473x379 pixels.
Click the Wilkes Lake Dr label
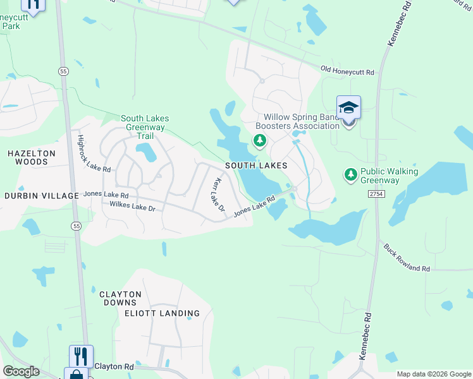pyautogui.click(x=133, y=206)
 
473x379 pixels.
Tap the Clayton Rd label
pyautogui.click(x=114, y=366)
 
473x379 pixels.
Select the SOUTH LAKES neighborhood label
pyautogui.click(x=256, y=165)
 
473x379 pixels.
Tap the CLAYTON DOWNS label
pyautogui.click(x=120, y=299)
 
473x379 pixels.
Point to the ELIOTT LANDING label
pyautogui.click(x=162, y=313)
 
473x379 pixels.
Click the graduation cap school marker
pyautogui.click(x=348, y=107)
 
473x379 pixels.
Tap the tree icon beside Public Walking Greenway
pyautogui.click(x=350, y=172)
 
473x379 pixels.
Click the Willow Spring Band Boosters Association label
pyautogui.click(x=302, y=121)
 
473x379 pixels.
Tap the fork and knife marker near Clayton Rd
pyautogui.click(x=81, y=355)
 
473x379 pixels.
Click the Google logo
pyautogui.click(x=21, y=371)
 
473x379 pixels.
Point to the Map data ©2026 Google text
pyautogui.click(x=433, y=374)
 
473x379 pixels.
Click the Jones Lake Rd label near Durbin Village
pyautogui.click(x=107, y=196)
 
